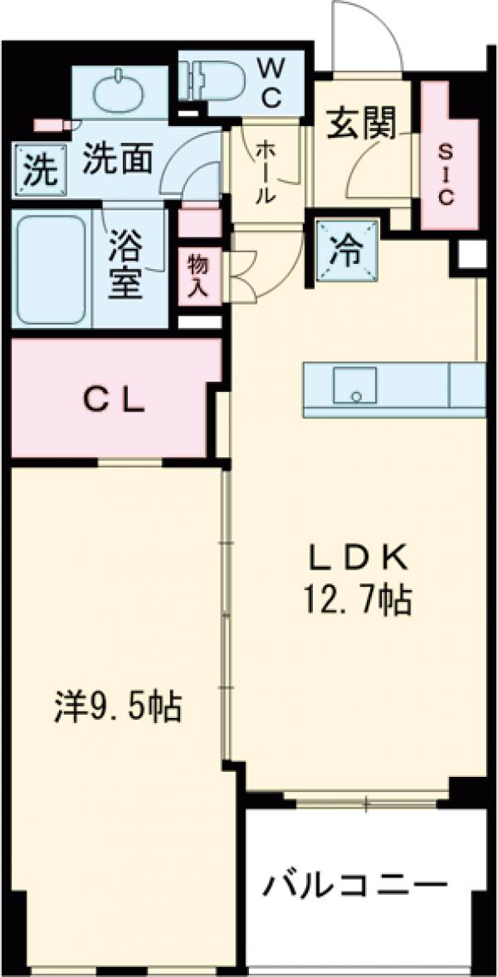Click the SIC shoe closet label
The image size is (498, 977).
(x=447, y=173)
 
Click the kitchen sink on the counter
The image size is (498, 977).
(x=354, y=386)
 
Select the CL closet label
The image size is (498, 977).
(x=115, y=403)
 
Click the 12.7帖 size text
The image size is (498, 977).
(x=359, y=599)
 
